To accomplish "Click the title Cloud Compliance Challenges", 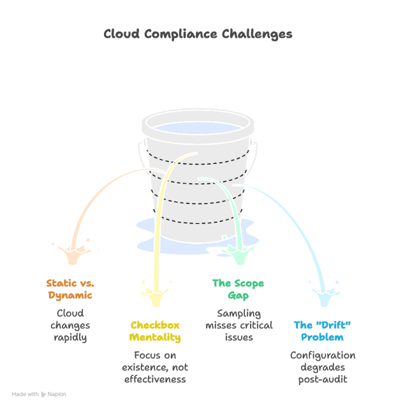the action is [x=198, y=34].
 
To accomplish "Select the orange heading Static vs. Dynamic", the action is [x=70, y=289].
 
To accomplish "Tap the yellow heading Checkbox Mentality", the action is [x=155, y=331].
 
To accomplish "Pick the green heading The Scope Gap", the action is [x=238, y=289].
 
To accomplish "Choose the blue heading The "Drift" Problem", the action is [x=322, y=331].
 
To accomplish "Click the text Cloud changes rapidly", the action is [x=70, y=325].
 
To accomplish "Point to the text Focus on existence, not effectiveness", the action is [x=155, y=367].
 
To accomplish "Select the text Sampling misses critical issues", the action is [x=239, y=325].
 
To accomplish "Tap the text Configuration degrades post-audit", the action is [x=323, y=367].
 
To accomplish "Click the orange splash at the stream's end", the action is [x=73, y=254].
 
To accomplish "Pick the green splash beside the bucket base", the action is [x=240, y=254].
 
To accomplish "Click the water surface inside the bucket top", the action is [x=198, y=128].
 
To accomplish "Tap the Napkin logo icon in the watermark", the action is [x=43, y=395].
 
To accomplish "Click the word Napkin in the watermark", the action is [x=57, y=395].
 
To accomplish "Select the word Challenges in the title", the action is [x=257, y=34].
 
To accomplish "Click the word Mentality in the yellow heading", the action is [x=155, y=337].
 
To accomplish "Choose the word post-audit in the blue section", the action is [x=323, y=380].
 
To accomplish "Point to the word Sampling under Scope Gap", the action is [x=239, y=314].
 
